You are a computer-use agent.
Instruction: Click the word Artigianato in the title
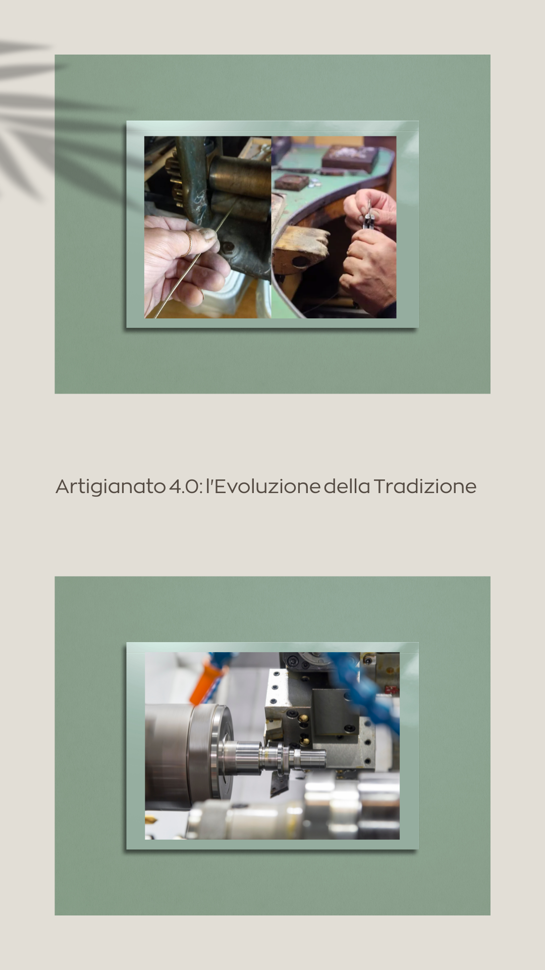coord(111,487)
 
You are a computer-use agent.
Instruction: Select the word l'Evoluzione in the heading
coord(263,487)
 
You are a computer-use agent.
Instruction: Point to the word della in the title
coord(347,487)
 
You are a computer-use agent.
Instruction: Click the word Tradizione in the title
coord(425,487)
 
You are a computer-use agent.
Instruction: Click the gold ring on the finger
coord(188,244)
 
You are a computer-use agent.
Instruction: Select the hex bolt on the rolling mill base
coord(228,247)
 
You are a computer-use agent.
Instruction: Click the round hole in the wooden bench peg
coord(300,261)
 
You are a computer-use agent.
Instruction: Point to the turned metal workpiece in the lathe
coord(272,755)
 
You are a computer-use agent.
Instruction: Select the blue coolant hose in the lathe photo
coord(368,682)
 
